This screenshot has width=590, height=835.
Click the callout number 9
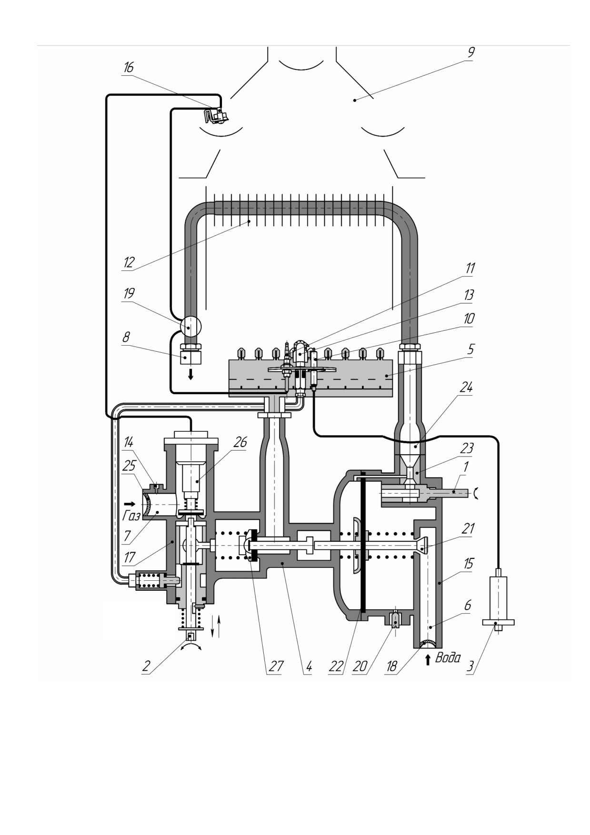coord(470,52)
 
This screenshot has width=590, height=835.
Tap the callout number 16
coord(128,68)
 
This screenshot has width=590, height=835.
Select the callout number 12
coord(129,262)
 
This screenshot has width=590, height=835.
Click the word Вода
coord(448,658)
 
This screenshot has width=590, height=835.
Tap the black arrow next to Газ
coord(130,503)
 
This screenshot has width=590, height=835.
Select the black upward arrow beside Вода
coord(428,659)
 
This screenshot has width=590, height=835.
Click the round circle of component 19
coord(190,327)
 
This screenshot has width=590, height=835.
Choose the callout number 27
coord(276,666)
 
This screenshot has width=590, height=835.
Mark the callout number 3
coord(470,666)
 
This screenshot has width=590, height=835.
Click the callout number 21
coord(469,528)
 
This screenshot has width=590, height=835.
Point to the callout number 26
coord(240,442)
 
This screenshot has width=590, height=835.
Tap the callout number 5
coord(470,349)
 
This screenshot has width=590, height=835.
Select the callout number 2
coord(146,666)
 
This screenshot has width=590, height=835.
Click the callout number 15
coord(469,564)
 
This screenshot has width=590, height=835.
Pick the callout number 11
coord(470,268)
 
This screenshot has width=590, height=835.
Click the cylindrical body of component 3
coord(499,597)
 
